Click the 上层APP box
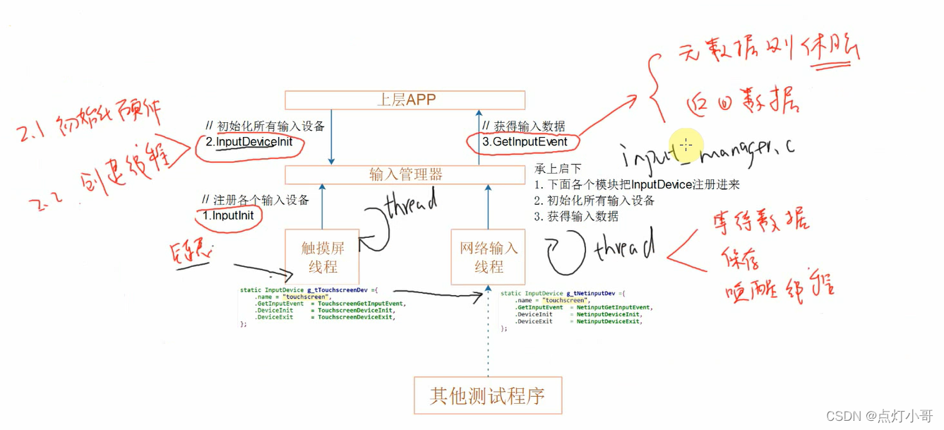point(405,100)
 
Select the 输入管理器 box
point(405,174)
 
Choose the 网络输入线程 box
point(488,257)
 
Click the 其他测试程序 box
point(487,395)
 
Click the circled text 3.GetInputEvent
point(525,142)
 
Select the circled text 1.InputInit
point(228,215)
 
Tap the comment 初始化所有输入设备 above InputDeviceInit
point(265,126)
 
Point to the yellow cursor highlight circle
point(685,145)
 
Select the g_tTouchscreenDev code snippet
point(318,306)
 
